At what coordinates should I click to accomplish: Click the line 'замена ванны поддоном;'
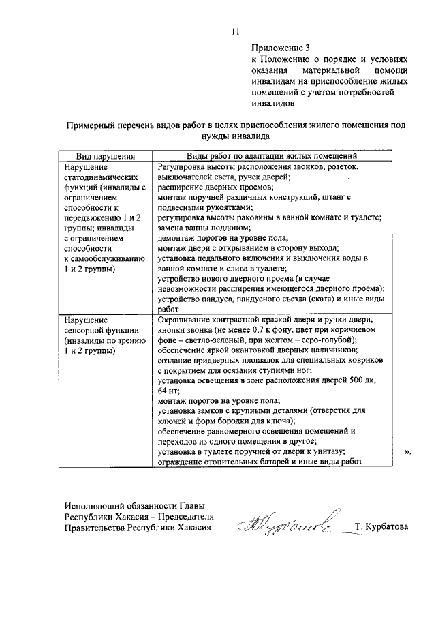click(x=200, y=228)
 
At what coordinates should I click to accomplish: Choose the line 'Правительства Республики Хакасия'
click(x=138, y=527)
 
